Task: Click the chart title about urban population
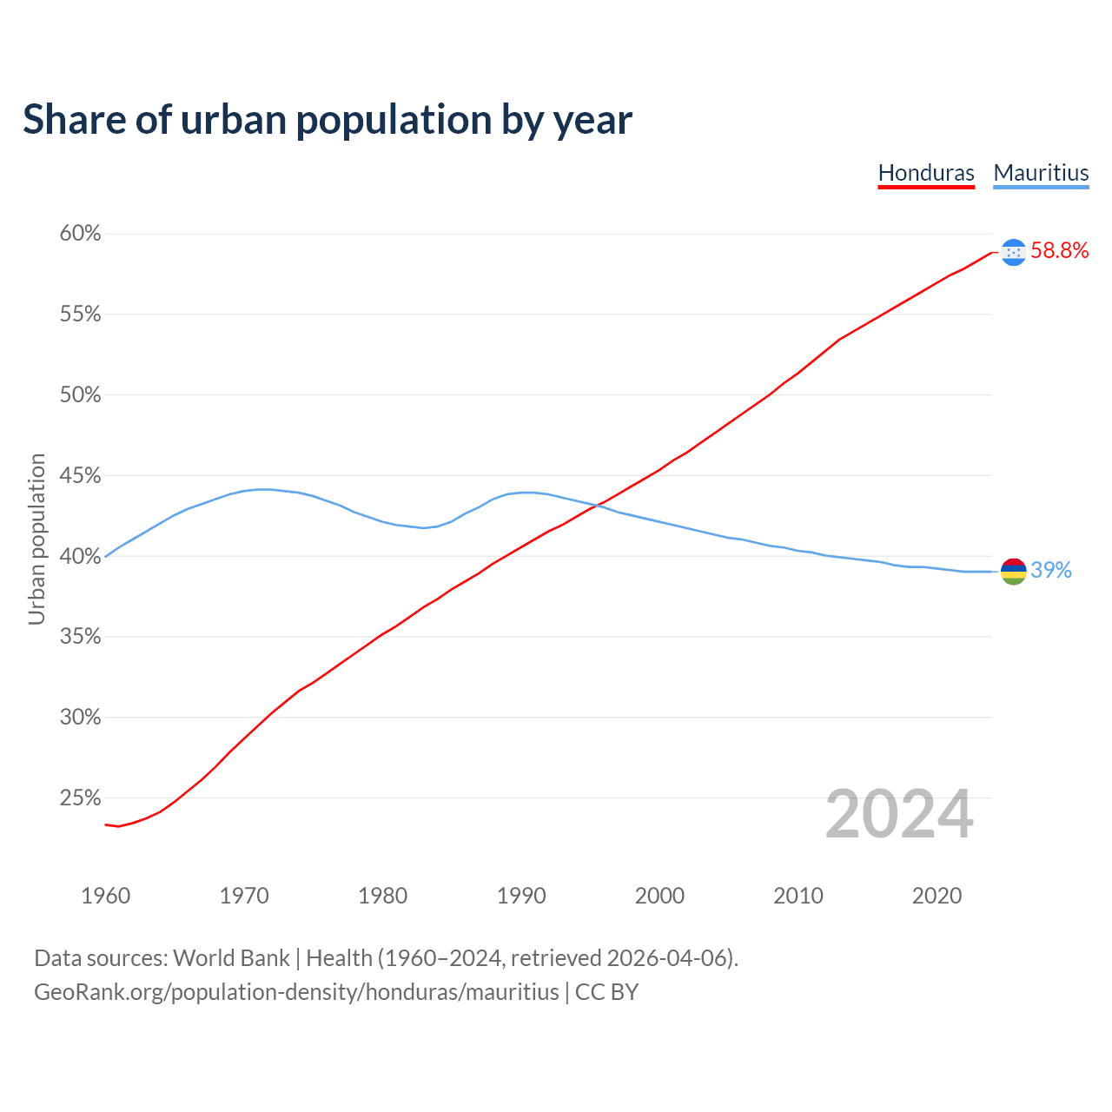(328, 120)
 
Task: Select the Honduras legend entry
(926, 173)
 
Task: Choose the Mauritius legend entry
(1041, 173)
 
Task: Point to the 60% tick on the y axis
(81, 234)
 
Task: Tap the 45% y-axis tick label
(81, 476)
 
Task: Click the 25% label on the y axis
(81, 798)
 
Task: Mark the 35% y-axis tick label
(81, 637)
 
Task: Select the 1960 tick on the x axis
(105, 896)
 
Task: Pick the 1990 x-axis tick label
(521, 896)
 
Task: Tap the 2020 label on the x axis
(937, 896)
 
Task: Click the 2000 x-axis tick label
(659, 896)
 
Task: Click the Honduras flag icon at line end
(1014, 252)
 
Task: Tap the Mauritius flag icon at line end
(1014, 572)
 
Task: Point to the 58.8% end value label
(1060, 251)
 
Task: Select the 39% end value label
(1051, 571)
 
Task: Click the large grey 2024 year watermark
(899, 815)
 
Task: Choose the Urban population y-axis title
(36, 539)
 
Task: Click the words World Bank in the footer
(231, 958)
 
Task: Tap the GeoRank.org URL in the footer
(296, 992)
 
